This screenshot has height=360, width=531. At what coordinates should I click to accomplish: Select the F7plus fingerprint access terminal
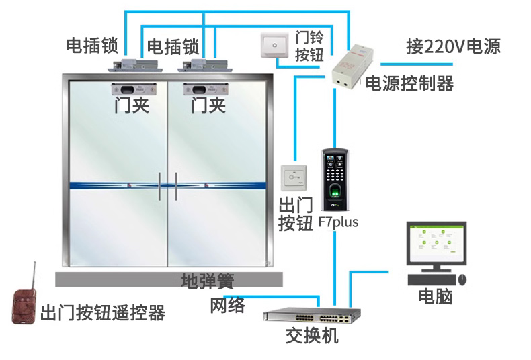point(335,179)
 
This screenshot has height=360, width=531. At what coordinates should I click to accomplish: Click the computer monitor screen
point(436,244)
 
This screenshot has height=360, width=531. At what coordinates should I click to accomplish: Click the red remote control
point(24,304)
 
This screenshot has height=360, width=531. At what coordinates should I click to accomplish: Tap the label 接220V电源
point(453,47)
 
